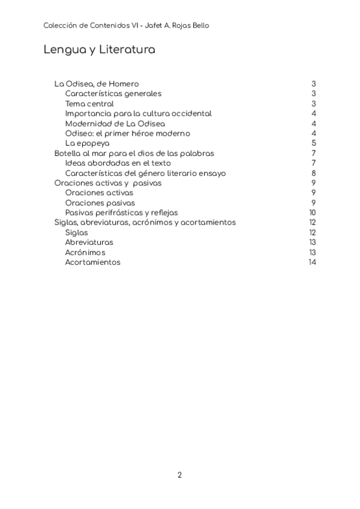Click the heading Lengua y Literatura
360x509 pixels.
100,50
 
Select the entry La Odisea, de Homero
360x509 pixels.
97,84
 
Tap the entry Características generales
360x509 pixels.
113,94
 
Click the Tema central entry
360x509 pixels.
89,104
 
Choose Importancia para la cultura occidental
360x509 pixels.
138,113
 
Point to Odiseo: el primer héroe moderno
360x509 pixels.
127,133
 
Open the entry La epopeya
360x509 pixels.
87,143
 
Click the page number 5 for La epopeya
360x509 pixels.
314,143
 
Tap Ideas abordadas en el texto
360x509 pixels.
118,163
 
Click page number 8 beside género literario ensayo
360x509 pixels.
314,173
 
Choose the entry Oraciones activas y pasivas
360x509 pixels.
108,183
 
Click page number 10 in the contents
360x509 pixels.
313,212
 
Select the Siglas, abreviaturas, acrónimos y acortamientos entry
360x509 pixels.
145,223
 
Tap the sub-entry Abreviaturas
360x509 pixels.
89,242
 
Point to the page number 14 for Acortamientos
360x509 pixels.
312,262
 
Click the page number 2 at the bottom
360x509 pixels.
179,475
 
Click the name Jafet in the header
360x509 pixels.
149,26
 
